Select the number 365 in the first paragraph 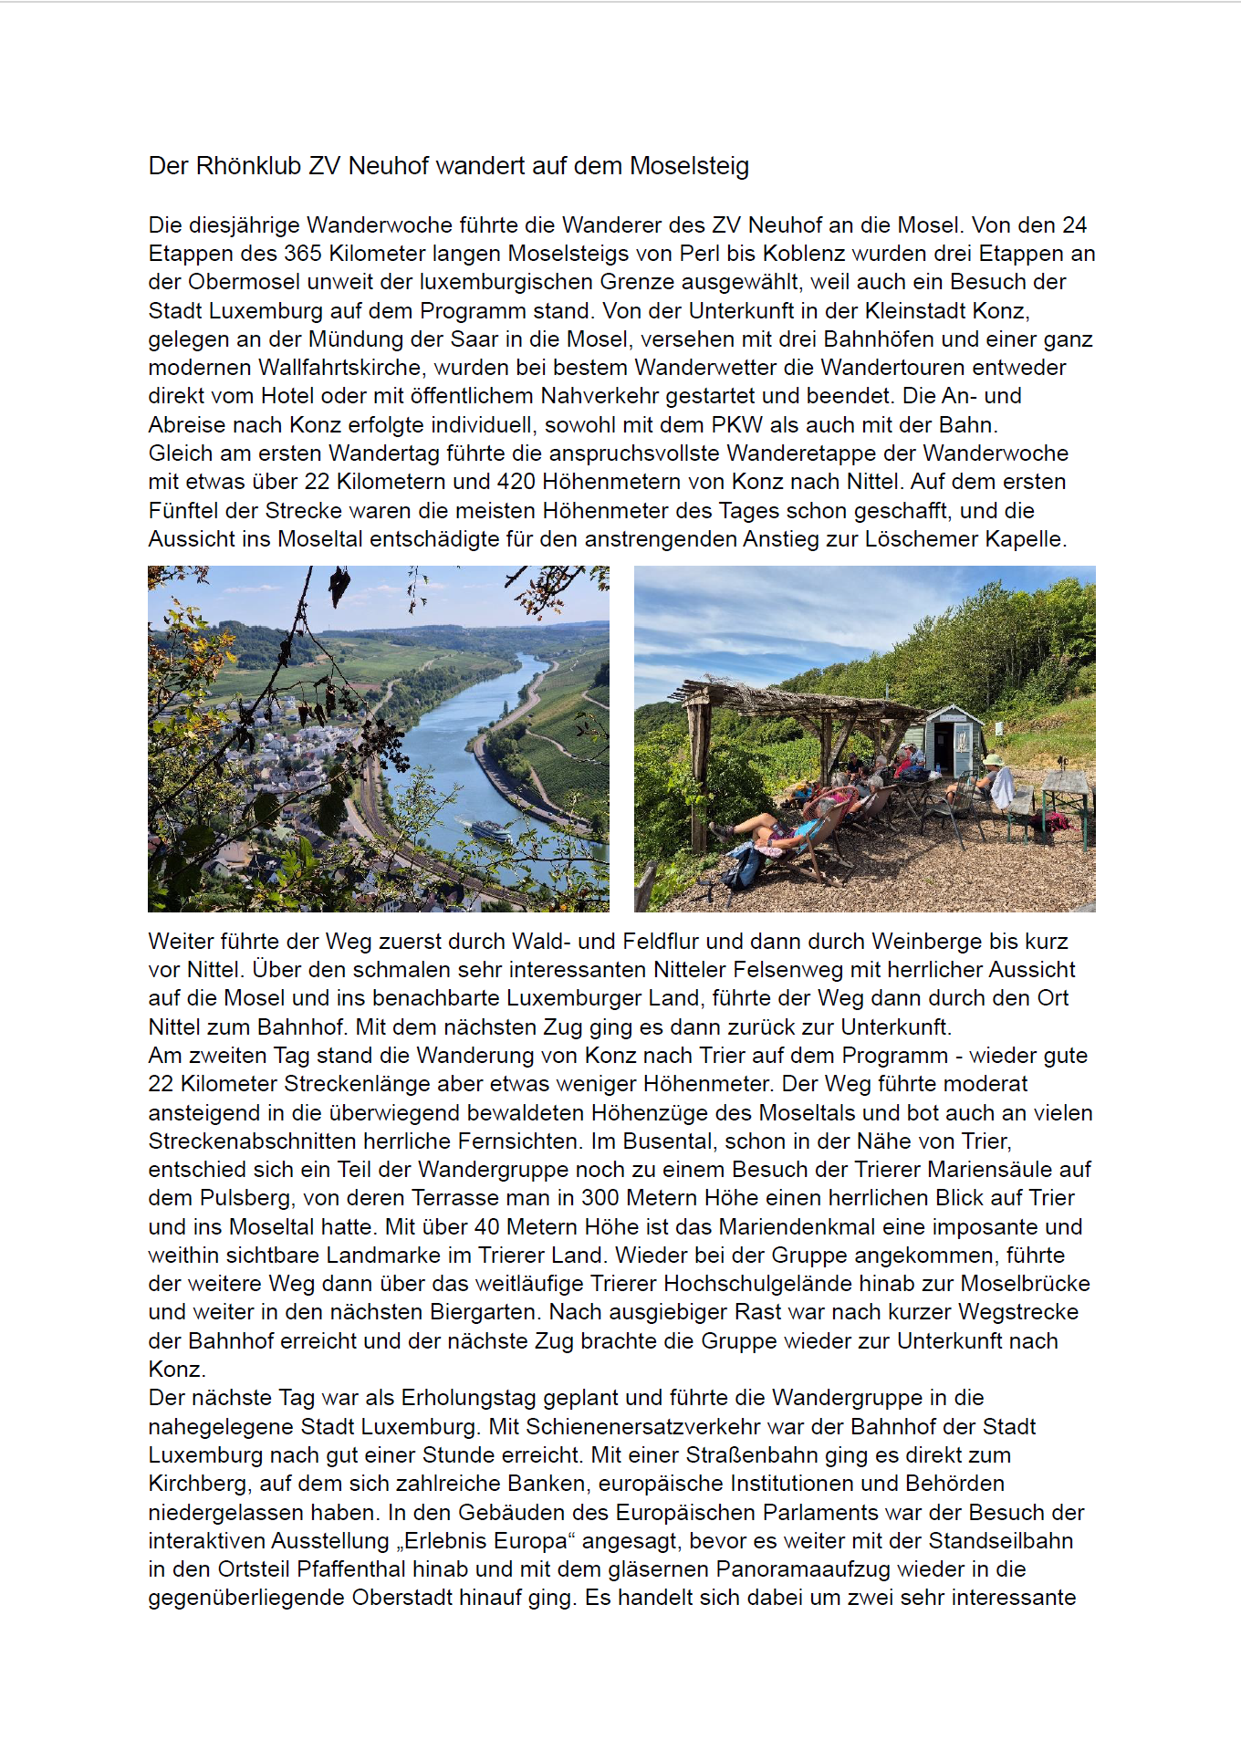pos(302,254)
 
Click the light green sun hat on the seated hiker pos(993,759)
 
